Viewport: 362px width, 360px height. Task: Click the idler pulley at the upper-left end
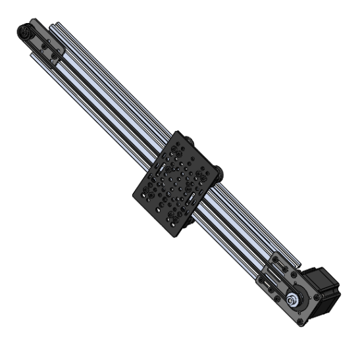pyautogui.click(x=25, y=31)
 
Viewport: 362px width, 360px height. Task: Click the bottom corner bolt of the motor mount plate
pyautogui.click(x=301, y=322)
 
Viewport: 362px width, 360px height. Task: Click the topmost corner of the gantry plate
pyautogui.click(x=176, y=134)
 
